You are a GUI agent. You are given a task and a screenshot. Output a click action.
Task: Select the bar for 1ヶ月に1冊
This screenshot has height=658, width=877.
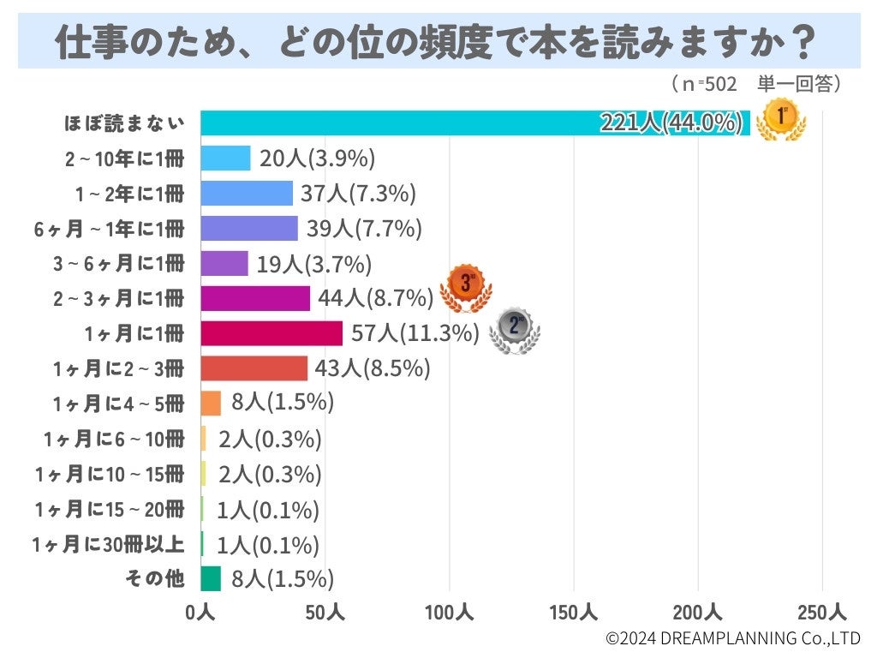point(271,333)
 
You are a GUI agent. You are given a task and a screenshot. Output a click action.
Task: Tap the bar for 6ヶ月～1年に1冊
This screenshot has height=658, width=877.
point(249,228)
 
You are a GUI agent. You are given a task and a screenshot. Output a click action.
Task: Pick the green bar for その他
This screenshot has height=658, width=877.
point(211,579)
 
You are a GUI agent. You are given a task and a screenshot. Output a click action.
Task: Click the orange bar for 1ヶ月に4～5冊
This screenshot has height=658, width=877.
point(211,404)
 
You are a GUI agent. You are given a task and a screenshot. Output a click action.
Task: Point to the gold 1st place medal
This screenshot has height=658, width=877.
point(781,119)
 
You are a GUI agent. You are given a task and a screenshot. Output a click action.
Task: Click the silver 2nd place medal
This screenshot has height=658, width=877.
point(514,330)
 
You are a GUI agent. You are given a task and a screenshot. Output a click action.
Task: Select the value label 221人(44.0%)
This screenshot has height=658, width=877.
point(671,123)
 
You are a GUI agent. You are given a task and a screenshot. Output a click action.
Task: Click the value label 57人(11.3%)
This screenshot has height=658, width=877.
point(415,333)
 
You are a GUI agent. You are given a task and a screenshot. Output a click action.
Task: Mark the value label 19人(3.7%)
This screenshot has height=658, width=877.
point(314,263)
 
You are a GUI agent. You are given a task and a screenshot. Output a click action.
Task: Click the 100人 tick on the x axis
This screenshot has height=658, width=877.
point(450,613)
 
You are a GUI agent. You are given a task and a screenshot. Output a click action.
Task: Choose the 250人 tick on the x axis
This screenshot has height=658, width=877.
point(822,613)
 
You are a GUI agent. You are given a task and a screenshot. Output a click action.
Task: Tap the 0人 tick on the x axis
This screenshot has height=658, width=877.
point(201,613)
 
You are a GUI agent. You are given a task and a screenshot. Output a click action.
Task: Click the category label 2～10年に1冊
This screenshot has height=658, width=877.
point(124,158)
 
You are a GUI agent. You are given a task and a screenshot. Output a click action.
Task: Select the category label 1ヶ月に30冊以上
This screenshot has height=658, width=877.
point(108,544)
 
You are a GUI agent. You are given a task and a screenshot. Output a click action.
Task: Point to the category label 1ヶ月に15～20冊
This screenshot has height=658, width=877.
point(110,509)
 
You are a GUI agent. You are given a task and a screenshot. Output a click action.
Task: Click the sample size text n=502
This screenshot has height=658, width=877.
point(704,83)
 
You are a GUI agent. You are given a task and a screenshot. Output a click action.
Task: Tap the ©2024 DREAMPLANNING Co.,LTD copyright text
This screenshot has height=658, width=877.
point(732,638)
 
